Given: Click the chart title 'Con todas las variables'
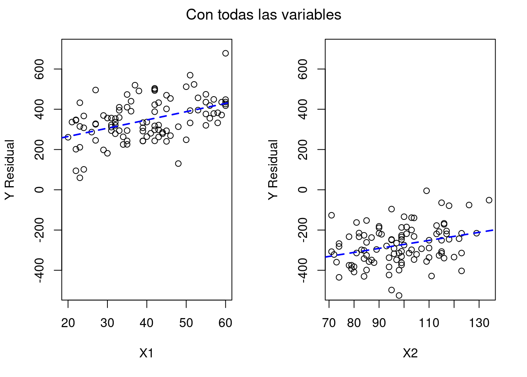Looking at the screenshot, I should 263,15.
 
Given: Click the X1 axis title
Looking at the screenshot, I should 146,353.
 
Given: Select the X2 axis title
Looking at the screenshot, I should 410,353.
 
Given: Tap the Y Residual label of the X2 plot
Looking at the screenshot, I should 273,170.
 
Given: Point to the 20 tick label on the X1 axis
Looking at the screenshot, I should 68,323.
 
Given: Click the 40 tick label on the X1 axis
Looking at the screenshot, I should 147,323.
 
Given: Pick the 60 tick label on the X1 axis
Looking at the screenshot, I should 225,323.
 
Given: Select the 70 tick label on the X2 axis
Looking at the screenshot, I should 329,323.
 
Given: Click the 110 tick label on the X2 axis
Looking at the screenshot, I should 429,323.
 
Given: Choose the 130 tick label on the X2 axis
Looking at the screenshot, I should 479,323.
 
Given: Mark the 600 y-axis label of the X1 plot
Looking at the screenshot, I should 39,69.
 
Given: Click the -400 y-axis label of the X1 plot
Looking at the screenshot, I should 39,270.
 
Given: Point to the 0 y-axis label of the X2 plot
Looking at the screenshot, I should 303,190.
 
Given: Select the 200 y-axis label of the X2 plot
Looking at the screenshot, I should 303,150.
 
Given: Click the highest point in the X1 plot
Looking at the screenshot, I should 225,53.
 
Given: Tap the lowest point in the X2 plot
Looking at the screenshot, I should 399,295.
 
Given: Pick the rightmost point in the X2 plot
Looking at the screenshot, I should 489,200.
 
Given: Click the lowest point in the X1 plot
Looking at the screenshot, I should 80,178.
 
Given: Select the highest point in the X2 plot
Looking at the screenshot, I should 427,191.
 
